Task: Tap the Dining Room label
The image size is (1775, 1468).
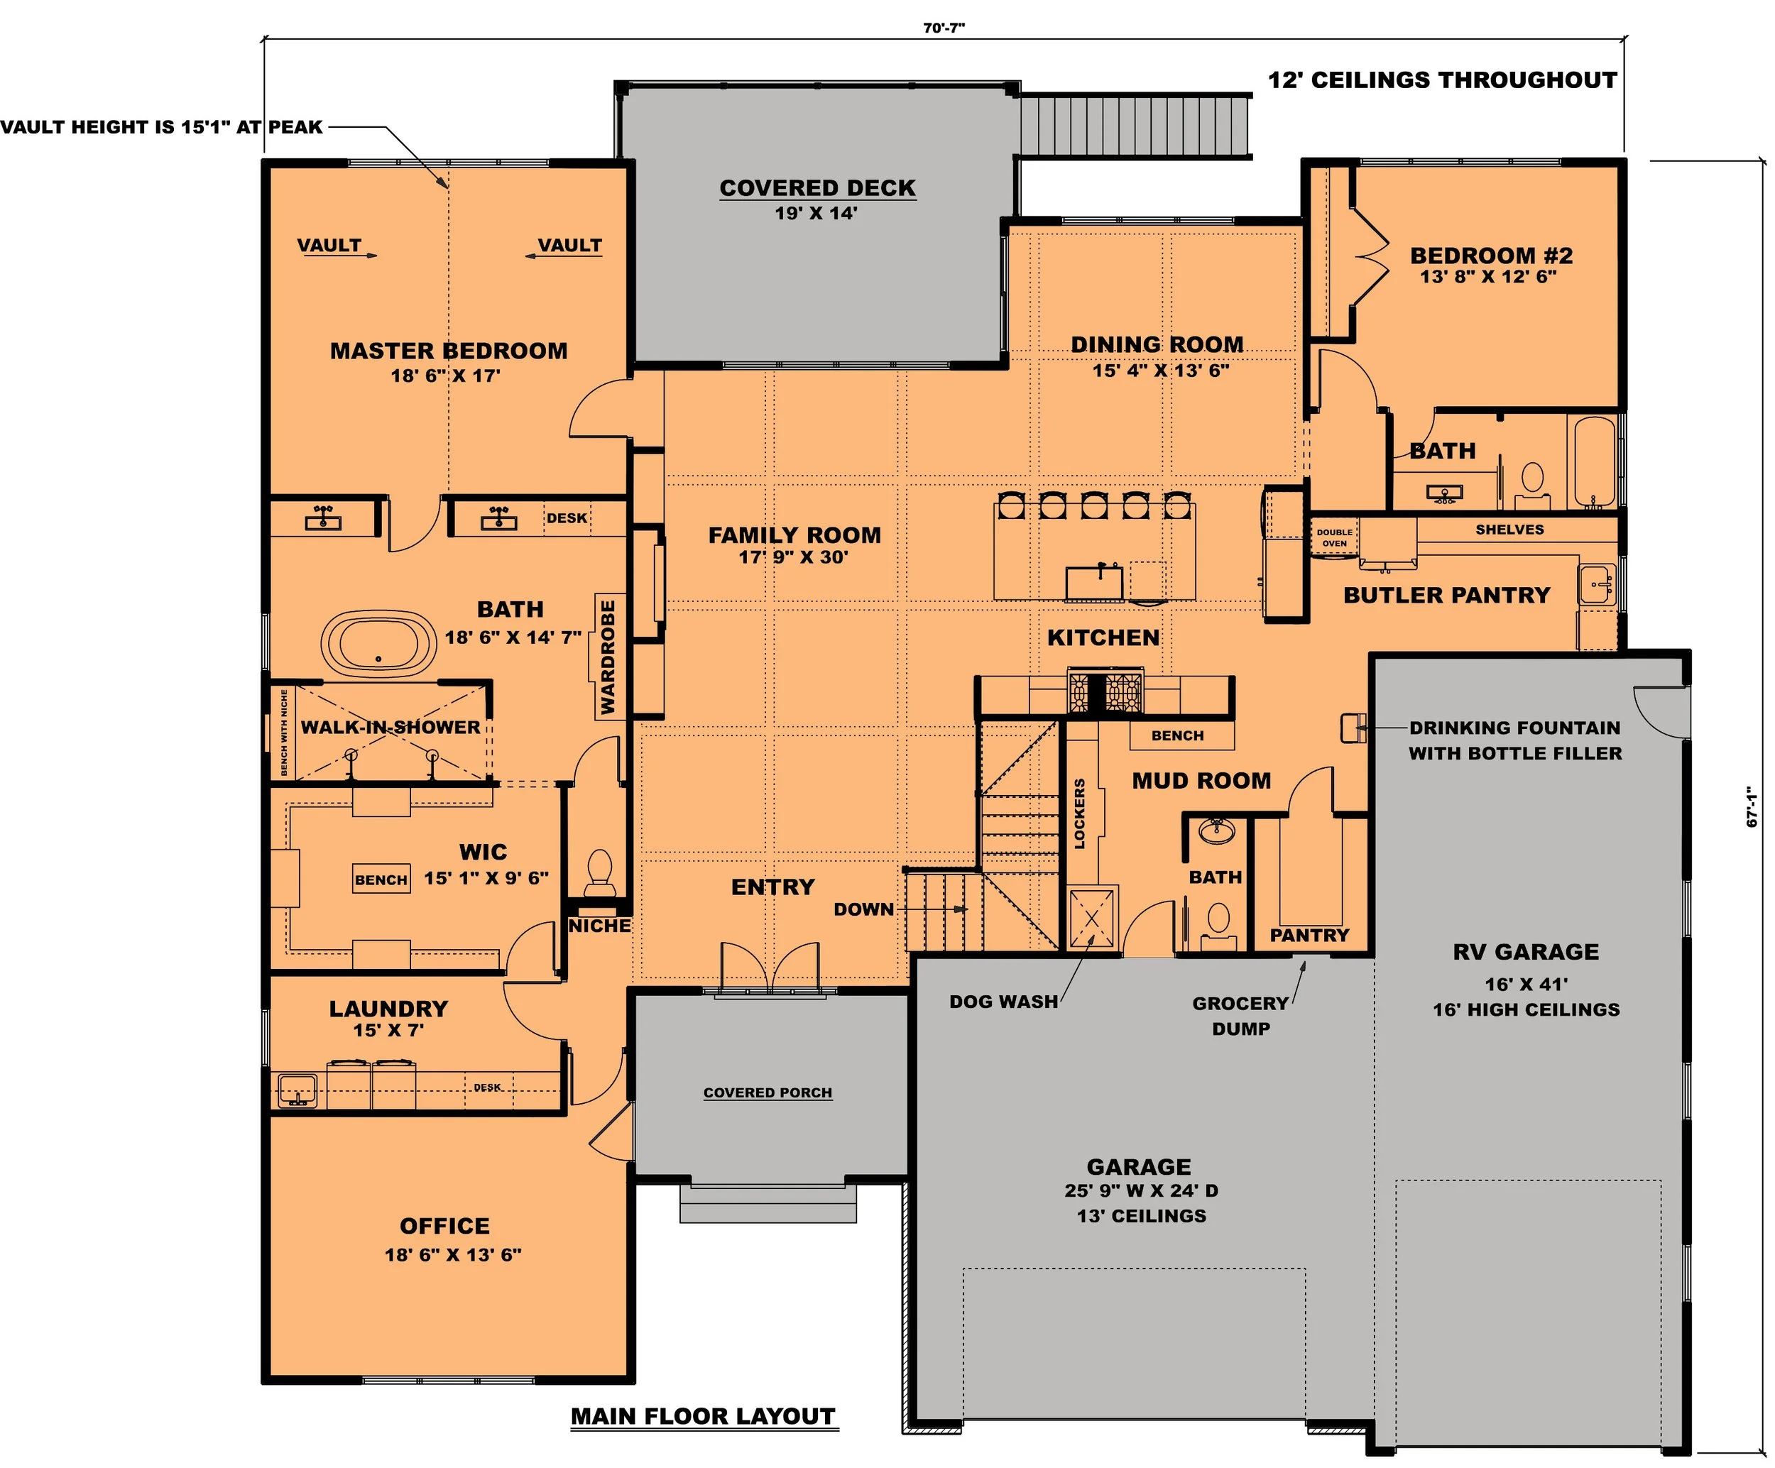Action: coord(1157,345)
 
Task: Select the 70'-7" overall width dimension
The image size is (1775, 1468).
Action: coord(944,28)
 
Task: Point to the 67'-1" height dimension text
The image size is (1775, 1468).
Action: coord(1752,807)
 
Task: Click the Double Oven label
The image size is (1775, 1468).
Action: coord(1335,538)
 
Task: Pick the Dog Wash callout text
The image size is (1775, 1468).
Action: coord(1003,1002)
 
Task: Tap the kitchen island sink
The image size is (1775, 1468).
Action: coord(1095,581)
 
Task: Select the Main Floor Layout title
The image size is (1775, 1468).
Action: coord(703,1416)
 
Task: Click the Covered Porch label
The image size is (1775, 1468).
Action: coord(768,1092)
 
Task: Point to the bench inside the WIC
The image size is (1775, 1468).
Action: coord(381,880)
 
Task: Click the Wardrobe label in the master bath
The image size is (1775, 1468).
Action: coord(608,657)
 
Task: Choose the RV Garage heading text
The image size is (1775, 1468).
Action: coord(1526,952)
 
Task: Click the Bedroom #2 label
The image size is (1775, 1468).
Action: coord(1491,256)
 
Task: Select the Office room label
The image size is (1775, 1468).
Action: coord(444,1227)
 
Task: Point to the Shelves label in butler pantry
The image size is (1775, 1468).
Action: coord(1509,530)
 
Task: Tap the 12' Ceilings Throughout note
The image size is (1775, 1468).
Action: coord(1442,80)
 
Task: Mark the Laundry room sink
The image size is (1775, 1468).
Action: coord(297,1090)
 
